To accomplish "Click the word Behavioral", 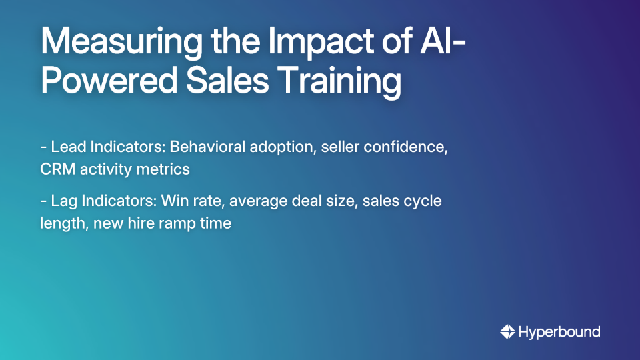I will click(207, 147).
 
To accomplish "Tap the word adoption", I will click(283, 147).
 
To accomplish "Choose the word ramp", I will click(176, 223).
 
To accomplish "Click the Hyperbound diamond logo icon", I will click(507, 331).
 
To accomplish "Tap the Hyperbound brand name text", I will click(559, 331).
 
